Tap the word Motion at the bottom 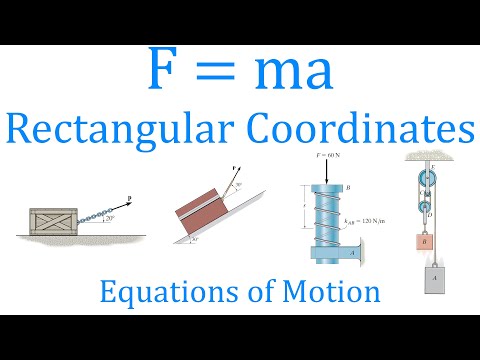(335, 291)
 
